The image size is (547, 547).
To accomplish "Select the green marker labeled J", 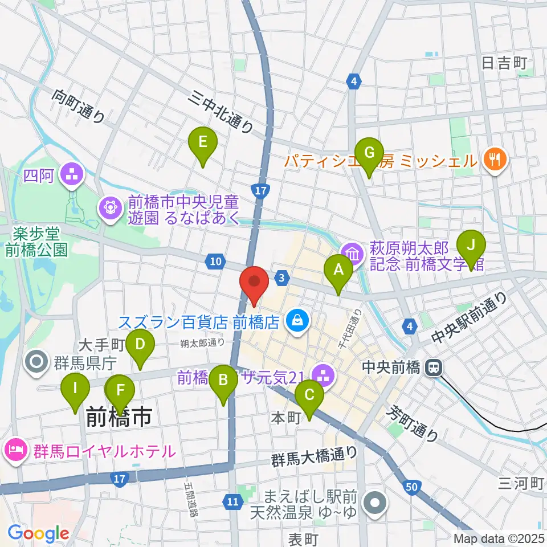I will point(471,246).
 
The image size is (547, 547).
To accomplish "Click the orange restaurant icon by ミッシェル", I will point(494,159).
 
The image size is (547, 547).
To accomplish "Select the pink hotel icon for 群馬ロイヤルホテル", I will point(15,451).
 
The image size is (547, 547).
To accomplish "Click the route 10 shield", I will point(214,262).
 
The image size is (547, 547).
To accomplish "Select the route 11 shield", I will point(232,501).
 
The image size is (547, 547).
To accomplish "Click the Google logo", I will point(38,533).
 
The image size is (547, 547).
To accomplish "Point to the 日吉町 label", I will point(504,63).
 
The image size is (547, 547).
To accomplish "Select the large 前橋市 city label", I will point(119,417).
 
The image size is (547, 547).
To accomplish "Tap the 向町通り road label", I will point(80,107).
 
